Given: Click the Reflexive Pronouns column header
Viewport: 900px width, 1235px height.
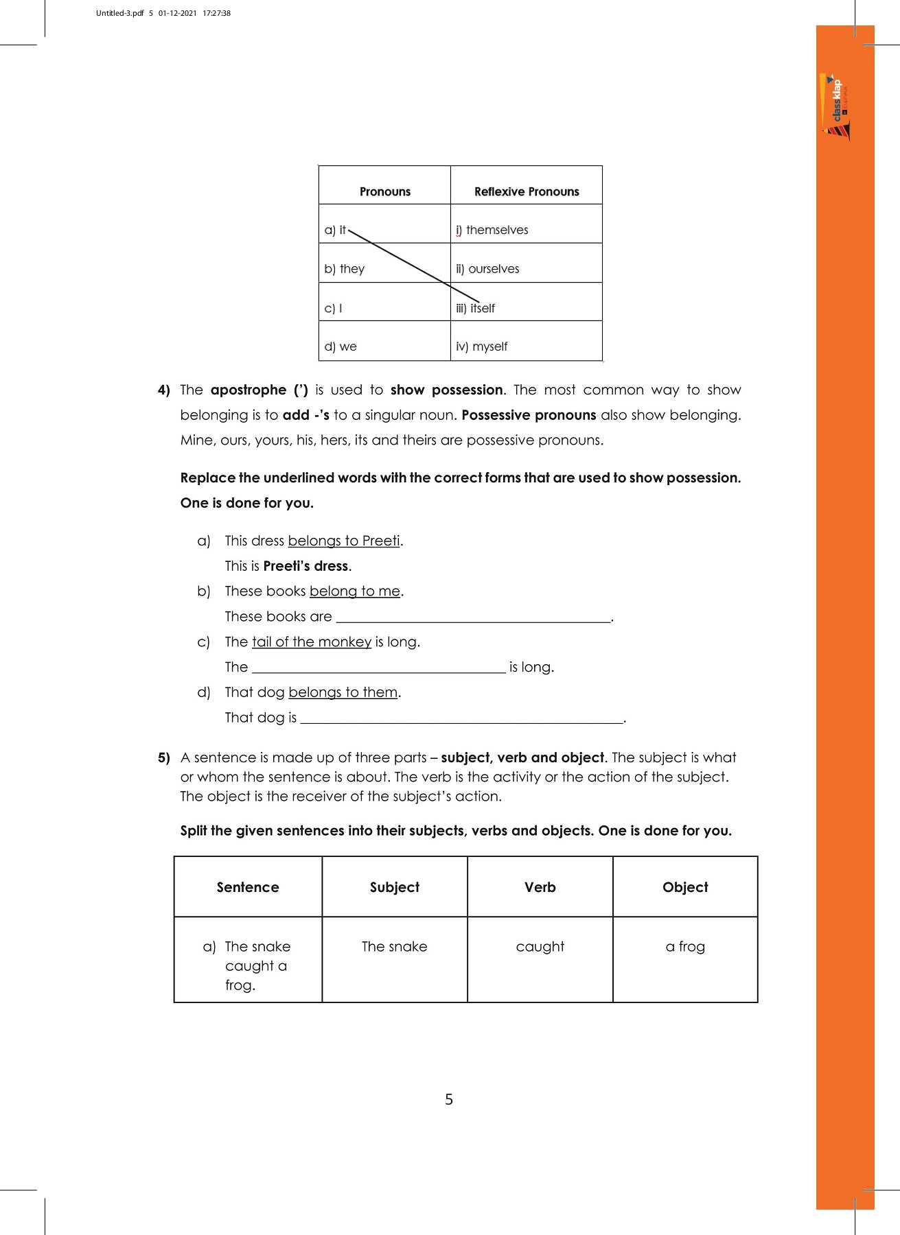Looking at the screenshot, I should coord(527,191).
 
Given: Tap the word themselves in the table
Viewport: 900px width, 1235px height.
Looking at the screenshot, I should coord(497,230).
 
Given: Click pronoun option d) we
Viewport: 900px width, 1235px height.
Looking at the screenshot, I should coord(341,346).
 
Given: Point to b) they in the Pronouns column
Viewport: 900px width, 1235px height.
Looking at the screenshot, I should coord(345,269).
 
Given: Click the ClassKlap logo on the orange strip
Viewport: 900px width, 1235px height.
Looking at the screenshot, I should coord(836,107).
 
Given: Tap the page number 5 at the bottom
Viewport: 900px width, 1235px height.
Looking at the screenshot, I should coord(449,1100).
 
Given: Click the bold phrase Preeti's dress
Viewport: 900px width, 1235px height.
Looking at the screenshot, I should coord(306,566).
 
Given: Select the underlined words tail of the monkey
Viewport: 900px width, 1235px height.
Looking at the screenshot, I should coord(312,642).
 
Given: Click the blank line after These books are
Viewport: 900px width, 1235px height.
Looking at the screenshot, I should coord(472,617).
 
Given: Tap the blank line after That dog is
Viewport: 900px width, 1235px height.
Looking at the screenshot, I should coord(461,718).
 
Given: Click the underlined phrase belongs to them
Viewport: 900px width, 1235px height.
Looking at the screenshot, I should coord(343,692).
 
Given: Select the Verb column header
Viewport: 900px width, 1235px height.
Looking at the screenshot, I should coord(540,887).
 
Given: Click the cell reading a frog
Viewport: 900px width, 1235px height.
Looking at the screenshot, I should coord(685,947).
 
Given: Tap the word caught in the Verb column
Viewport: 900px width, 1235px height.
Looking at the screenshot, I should coord(540,947).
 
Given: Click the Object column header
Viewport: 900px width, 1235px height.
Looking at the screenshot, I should coord(685,887).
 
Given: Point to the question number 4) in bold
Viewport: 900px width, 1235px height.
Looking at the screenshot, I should coord(164,390).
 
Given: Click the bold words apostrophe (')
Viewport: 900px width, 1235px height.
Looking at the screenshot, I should coord(259,390).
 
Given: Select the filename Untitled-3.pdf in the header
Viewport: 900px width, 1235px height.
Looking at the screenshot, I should coord(120,13).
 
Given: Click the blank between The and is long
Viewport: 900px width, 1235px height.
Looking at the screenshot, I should coord(379,668).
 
